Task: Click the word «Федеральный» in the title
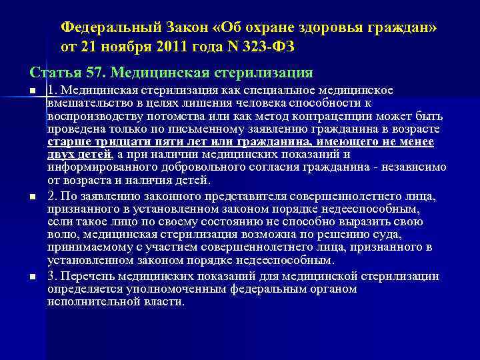[x=108, y=27]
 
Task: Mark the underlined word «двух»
[x=60, y=155]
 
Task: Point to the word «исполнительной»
[x=89, y=301]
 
